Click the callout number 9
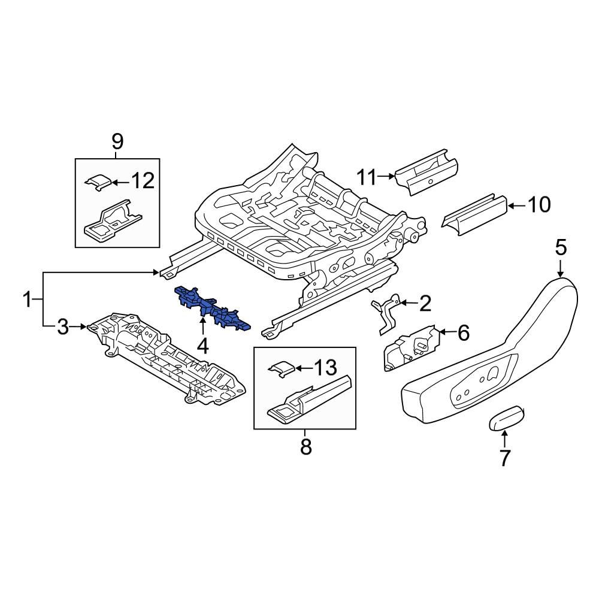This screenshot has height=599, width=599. point(117,142)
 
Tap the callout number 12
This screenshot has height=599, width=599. point(143,180)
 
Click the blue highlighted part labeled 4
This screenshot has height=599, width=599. point(213,307)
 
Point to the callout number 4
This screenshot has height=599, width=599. point(203,346)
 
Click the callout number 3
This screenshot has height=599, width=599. point(63,327)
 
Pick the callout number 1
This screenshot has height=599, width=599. point(27,299)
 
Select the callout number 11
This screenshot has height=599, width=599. point(367,177)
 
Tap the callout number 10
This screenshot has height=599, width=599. point(539,205)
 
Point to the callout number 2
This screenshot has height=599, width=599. point(424,304)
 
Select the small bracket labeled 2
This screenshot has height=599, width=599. point(386,311)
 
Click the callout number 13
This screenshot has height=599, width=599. point(326,367)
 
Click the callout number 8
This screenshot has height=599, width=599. point(305,447)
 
